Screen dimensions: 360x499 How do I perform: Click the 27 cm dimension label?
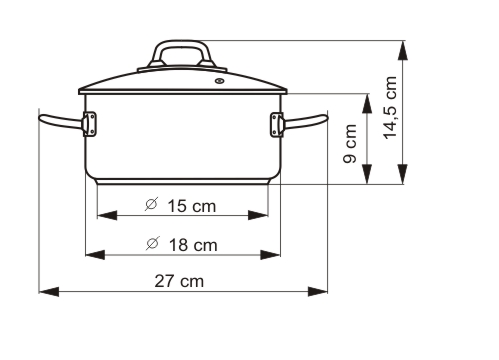point(179,281)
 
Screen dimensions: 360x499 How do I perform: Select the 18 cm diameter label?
point(181,244)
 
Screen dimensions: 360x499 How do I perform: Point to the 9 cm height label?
point(348,143)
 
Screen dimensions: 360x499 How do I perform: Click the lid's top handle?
point(180,54)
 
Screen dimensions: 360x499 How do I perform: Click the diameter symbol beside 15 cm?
point(150,206)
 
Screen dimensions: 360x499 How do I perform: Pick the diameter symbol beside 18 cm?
point(150,244)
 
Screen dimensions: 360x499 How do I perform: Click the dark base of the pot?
point(183,183)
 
